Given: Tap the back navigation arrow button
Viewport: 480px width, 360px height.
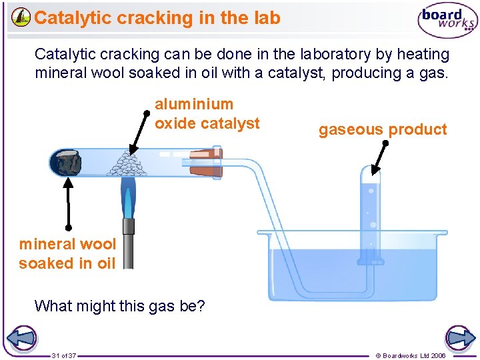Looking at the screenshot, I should coord(21,339).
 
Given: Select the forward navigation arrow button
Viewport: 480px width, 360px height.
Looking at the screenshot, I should coord(459,339).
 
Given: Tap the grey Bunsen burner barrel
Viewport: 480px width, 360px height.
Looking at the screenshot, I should coord(129,244).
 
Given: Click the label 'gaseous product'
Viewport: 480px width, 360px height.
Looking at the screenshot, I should coord(383,129).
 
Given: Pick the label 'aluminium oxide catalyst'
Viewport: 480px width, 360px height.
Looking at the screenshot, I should coord(207,113).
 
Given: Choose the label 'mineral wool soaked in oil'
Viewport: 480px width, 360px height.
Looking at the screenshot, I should coord(67,253).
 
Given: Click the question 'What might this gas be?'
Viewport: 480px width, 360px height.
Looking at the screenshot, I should coord(120,306).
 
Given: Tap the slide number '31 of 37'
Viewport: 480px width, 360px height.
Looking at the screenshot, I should coord(64,355).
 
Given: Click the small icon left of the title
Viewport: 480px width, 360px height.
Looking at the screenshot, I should coord(21,18).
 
